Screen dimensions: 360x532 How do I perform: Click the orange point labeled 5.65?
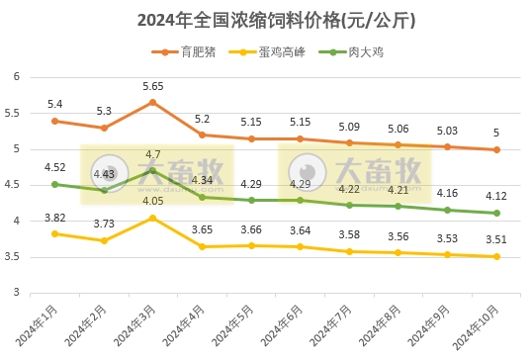click(152, 102)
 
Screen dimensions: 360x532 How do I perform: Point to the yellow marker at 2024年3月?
click(152, 218)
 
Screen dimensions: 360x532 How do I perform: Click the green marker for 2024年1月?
click(54, 184)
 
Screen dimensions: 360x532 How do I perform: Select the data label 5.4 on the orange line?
click(54, 104)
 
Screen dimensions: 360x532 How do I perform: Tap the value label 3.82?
click(54, 218)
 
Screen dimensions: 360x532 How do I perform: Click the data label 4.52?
click(54, 167)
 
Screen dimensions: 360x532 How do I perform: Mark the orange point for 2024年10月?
click(496, 149)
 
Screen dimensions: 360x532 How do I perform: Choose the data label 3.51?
click(496, 239)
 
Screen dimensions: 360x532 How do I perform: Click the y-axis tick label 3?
click(17, 294)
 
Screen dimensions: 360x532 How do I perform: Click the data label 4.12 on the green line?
click(496, 196)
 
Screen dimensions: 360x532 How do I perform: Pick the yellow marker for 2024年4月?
click(202, 246)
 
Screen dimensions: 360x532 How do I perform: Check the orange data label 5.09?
click(349, 127)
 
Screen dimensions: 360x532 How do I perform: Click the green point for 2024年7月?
click(349, 205)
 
